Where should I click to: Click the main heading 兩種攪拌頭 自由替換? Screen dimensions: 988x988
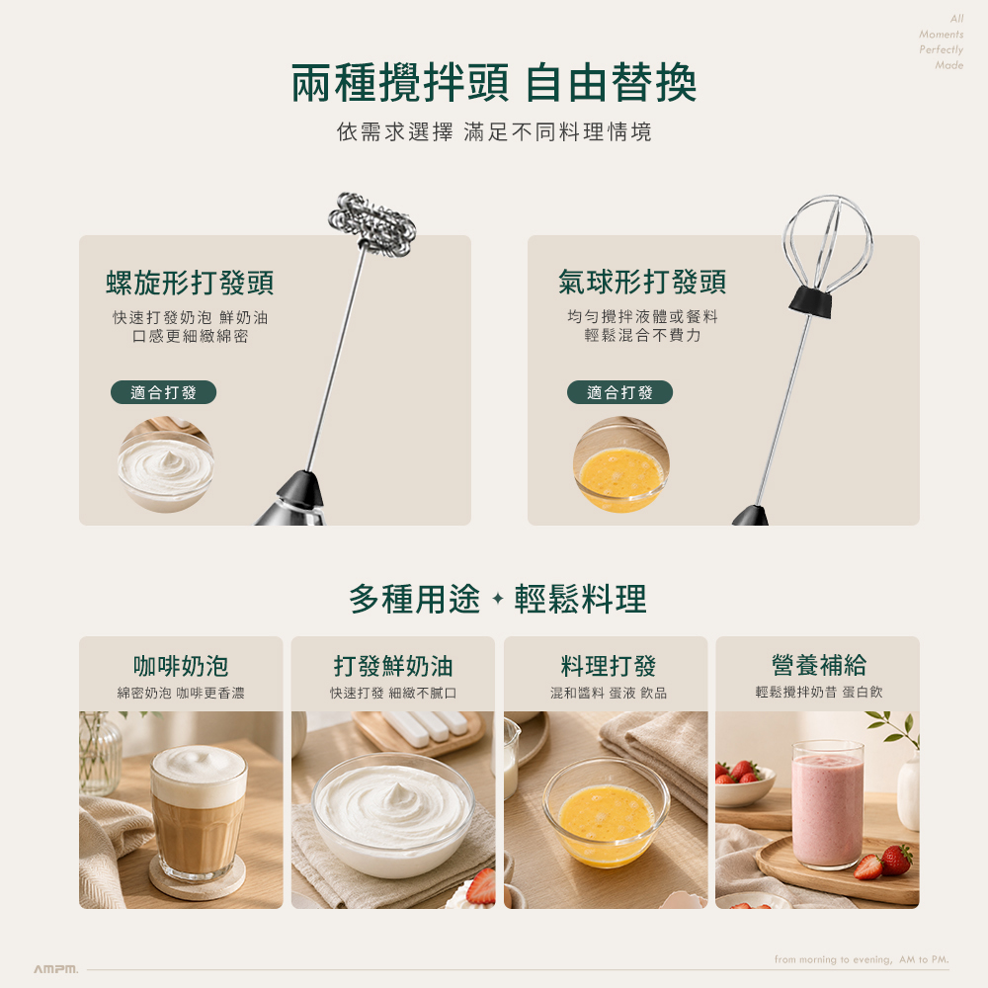(493, 83)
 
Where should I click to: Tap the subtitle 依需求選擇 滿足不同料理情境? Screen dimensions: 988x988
(494, 131)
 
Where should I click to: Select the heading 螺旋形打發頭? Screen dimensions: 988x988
(190, 283)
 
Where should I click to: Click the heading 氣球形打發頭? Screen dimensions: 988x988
(642, 281)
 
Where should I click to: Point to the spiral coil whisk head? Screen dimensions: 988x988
(372, 224)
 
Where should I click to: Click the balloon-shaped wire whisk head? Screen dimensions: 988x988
(827, 242)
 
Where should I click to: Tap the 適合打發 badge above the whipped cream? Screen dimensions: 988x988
(163, 392)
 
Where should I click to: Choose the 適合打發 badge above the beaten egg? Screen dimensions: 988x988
(620, 392)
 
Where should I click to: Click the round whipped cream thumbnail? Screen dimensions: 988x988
(166, 465)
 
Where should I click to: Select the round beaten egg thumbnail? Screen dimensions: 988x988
(621, 464)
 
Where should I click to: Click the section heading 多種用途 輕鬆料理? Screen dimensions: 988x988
(497, 599)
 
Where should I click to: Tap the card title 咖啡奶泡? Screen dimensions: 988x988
(181, 665)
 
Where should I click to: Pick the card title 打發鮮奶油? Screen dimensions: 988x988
(393, 665)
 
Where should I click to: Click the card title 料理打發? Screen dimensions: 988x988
(608, 665)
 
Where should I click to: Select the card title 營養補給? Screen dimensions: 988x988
(818, 665)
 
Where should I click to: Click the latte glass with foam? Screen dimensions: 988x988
(199, 813)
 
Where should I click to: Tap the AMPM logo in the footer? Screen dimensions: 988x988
(56, 968)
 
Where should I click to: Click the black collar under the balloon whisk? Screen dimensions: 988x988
(810, 300)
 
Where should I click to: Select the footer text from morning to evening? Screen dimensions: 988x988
(862, 959)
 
